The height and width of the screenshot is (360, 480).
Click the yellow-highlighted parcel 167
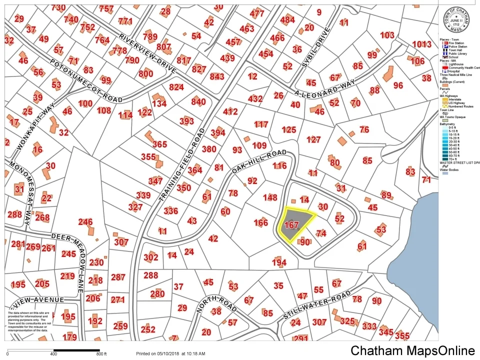pos(295,223)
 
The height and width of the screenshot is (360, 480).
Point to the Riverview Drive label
pos(147,53)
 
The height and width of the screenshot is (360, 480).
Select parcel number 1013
pos(421,44)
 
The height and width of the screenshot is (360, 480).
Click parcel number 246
pos(85,221)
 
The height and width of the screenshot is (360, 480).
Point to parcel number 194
pos(279,262)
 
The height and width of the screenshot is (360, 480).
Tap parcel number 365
pos(159,144)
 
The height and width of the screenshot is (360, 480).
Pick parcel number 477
pos(256,13)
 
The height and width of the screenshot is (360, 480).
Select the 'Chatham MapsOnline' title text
pos(412,350)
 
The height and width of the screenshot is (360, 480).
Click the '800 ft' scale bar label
pos(102,353)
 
